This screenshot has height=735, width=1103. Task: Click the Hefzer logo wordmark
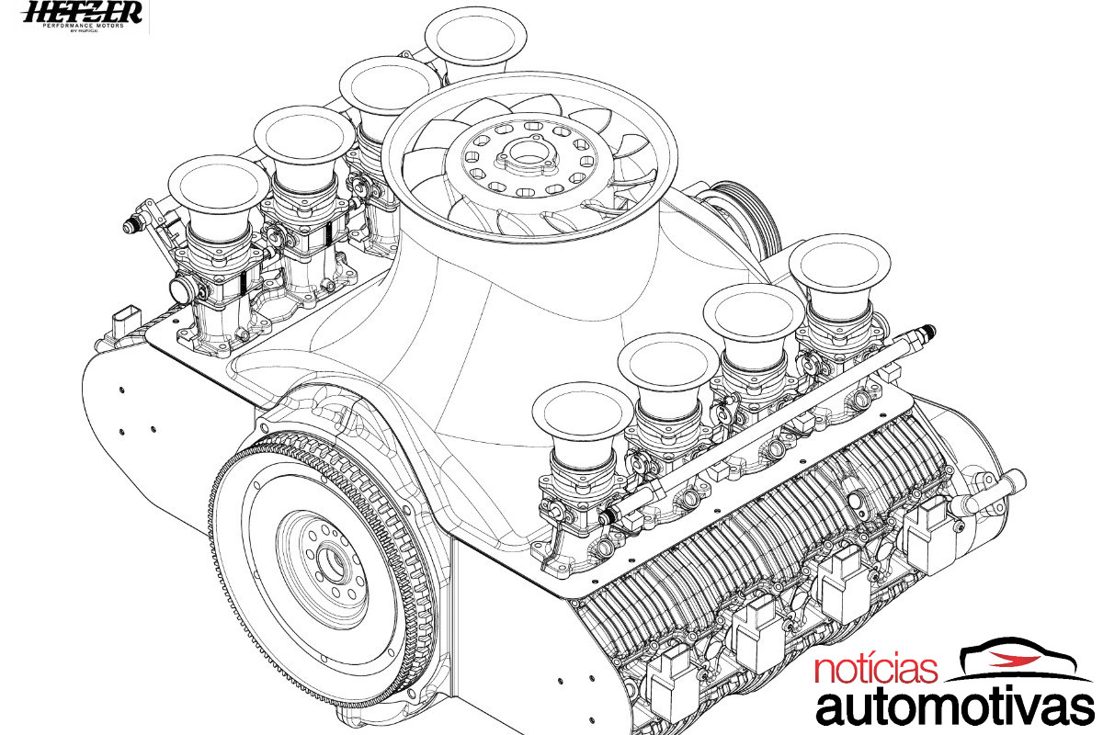click(x=83, y=12)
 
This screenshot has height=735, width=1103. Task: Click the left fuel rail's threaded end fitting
click(x=133, y=222)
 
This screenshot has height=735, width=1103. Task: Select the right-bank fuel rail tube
click(x=763, y=422)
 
